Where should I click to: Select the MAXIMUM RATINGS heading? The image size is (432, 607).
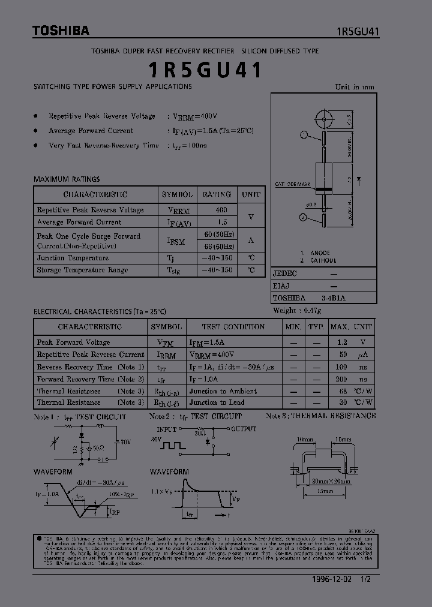[67, 179]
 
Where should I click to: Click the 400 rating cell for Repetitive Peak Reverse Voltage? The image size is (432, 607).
[221, 210]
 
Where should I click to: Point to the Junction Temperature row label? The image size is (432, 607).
[73, 258]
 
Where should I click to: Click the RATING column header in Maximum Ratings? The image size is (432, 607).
[217, 194]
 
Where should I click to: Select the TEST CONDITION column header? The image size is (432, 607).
[233, 327]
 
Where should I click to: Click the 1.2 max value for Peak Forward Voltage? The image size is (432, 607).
[342, 342]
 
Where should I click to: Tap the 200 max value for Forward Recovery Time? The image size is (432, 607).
[341, 379]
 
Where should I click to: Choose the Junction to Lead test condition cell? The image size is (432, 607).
[217, 402]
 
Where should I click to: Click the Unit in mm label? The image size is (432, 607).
[354, 87]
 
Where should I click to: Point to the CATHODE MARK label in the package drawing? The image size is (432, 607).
[292, 184]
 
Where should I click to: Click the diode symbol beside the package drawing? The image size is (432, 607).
[359, 178]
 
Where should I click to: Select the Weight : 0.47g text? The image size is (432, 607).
[297, 310]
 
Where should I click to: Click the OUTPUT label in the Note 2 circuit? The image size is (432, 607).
[244, 429]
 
